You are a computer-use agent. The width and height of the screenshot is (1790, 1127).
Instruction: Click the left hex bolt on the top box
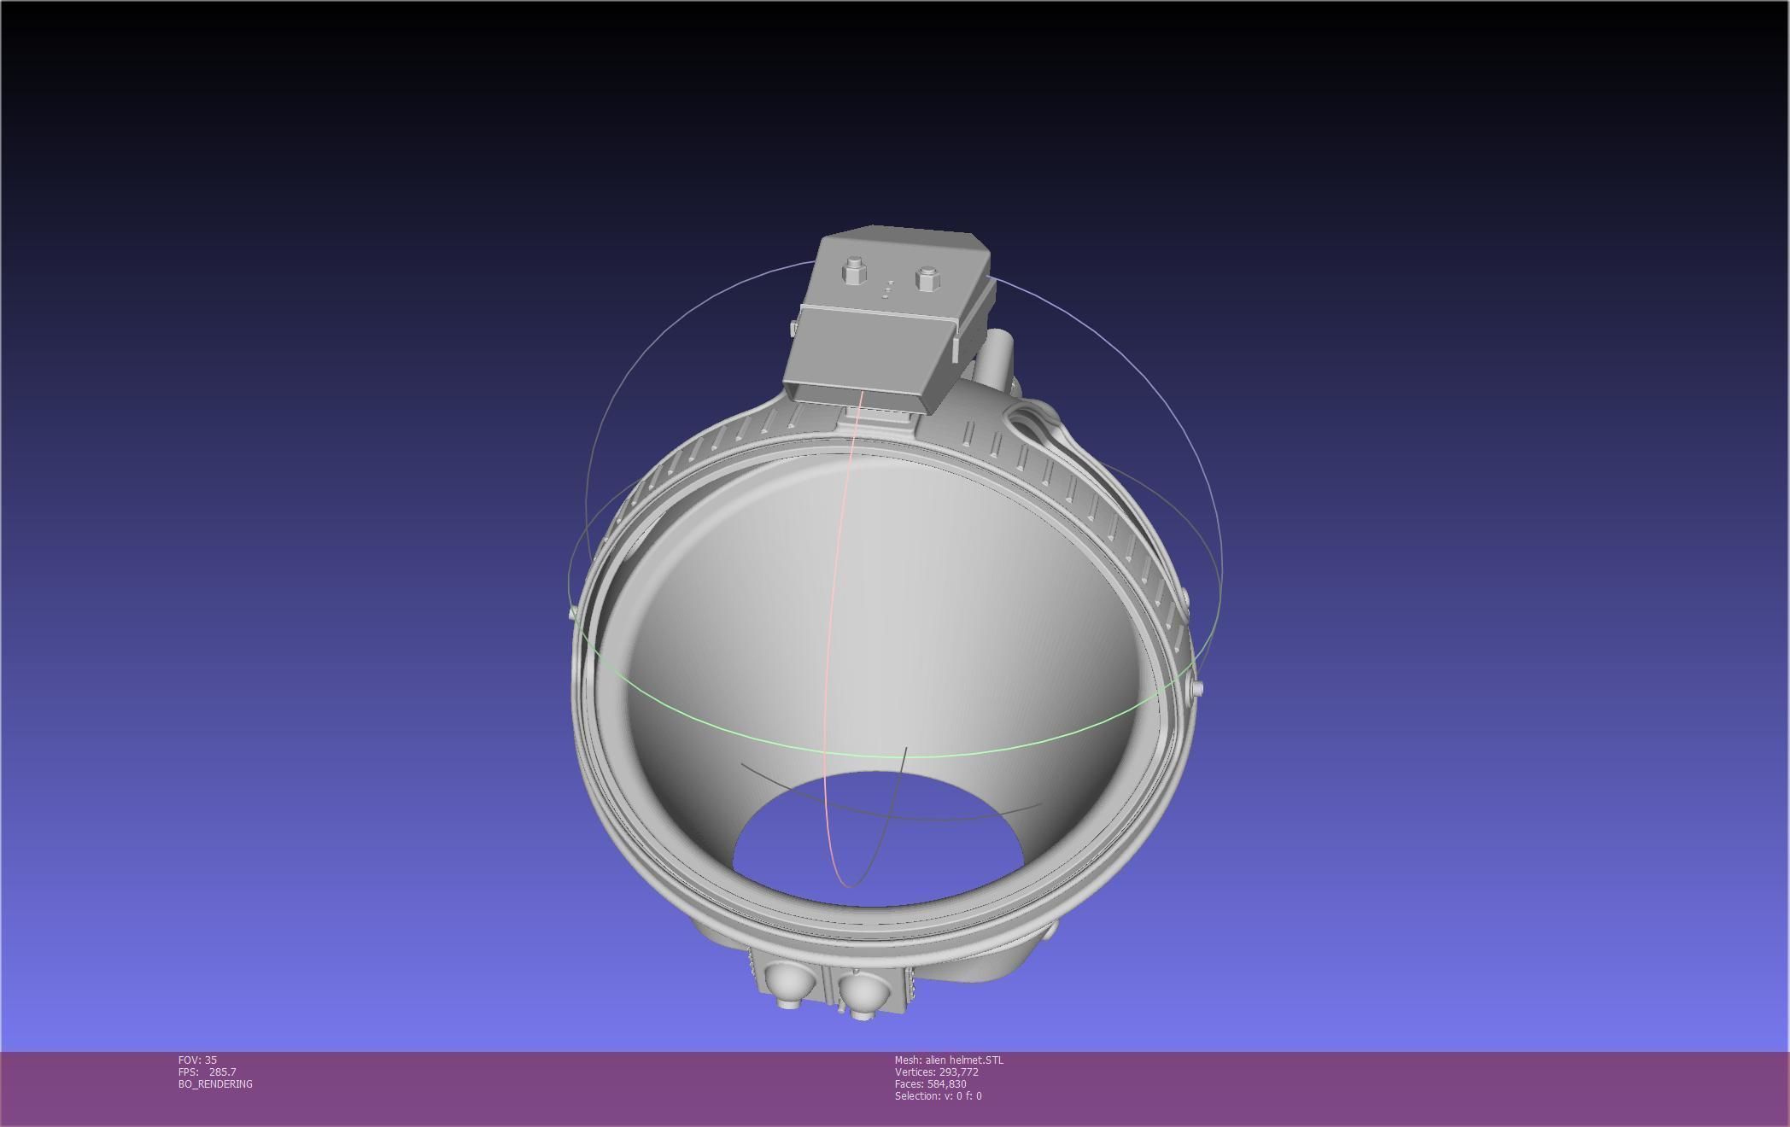click(x=852, y=272)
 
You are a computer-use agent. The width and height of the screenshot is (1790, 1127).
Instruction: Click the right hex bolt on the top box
click(x=927, y=277)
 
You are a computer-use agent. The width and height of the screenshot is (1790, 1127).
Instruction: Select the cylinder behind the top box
click(x=996, y=359)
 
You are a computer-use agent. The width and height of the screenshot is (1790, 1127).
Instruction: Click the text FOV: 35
click(x=197, y=1060)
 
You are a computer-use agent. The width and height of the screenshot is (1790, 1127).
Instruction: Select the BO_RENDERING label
click(x=215, y=1084)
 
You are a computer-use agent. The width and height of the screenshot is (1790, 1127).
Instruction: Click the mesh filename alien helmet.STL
click(x=964, y=1060)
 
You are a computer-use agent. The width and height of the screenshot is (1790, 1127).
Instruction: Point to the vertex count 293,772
click(x=958, y=1072)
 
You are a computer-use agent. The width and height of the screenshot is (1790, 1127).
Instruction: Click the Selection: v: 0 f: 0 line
click(x=938, y=1096)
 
